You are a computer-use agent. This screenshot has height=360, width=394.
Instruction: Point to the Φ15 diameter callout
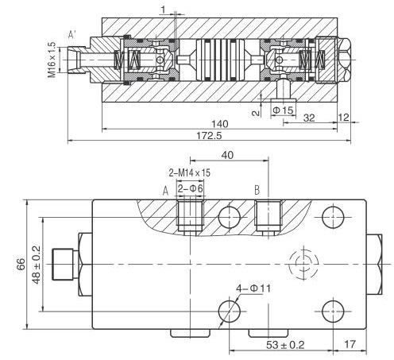pos(284,109)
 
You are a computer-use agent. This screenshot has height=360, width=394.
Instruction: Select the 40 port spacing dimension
pos(227,157)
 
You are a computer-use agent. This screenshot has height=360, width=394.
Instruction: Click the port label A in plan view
pos(165,190)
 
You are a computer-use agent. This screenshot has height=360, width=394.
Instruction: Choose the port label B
pos(257,190)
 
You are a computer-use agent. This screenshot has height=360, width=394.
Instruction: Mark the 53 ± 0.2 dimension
pos(286,344)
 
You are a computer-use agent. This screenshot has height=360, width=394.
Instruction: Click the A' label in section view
pos(72,35)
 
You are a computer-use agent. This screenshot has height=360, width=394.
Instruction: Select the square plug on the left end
pos(62,263)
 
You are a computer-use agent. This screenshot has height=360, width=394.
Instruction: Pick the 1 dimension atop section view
pos(162,10)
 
